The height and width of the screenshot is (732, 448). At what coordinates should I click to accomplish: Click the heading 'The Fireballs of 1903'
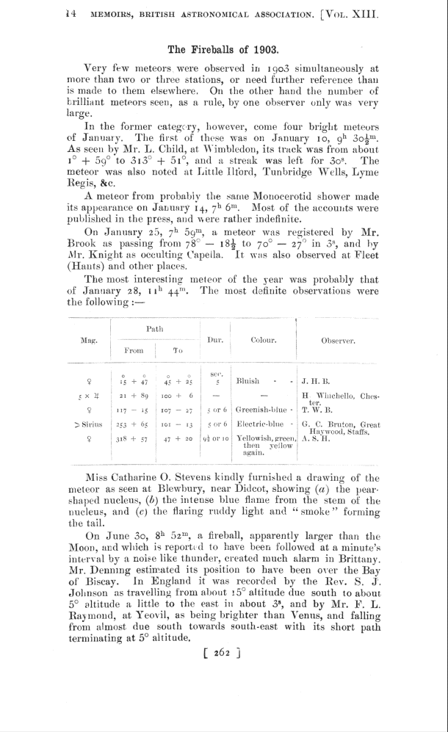223,50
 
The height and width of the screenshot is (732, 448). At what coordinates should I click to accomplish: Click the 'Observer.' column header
338,341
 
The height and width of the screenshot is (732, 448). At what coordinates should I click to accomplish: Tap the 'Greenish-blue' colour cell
261,410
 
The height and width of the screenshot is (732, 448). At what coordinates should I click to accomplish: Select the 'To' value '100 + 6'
178,396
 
